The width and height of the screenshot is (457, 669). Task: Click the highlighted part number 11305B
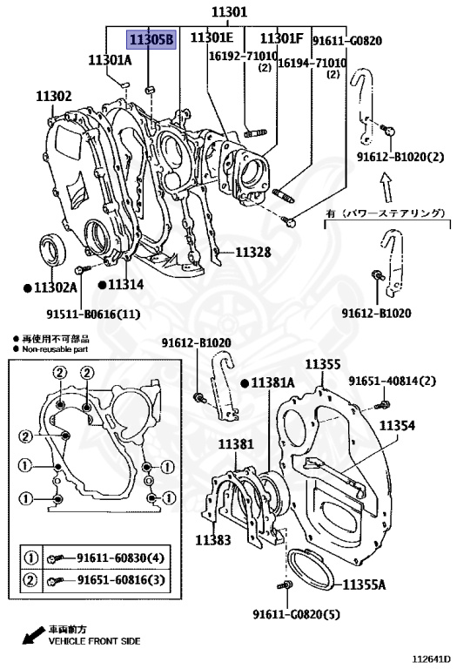[x=151, y=39]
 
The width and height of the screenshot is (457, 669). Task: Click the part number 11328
[x=252, y=253]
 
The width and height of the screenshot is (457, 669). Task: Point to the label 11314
[x=125, y=285]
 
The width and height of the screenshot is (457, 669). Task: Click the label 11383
[x=212, y=540]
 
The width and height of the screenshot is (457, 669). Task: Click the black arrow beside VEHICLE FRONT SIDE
[x=33, y=636]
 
